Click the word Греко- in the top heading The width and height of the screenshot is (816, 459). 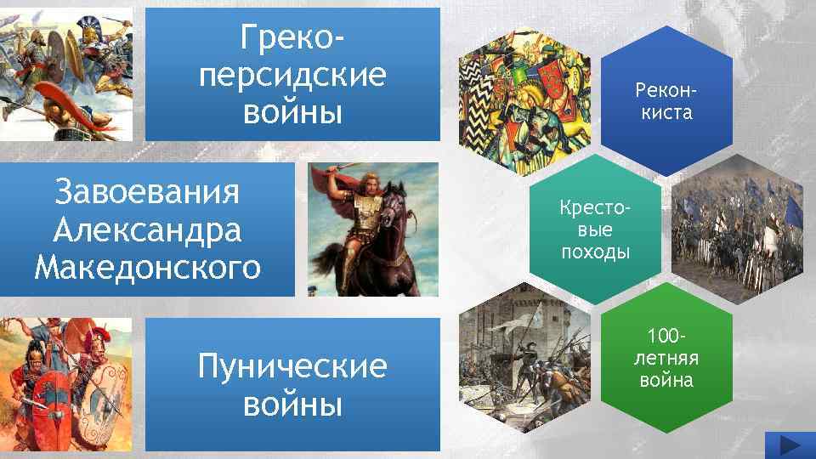coord(292,37)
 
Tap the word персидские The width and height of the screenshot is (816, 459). coord(292,74)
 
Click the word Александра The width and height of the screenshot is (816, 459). coord(146,229)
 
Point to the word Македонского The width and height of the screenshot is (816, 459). coord(146,266)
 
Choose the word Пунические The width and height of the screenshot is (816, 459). coord(292,367)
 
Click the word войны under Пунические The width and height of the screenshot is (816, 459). coord(292,405)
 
